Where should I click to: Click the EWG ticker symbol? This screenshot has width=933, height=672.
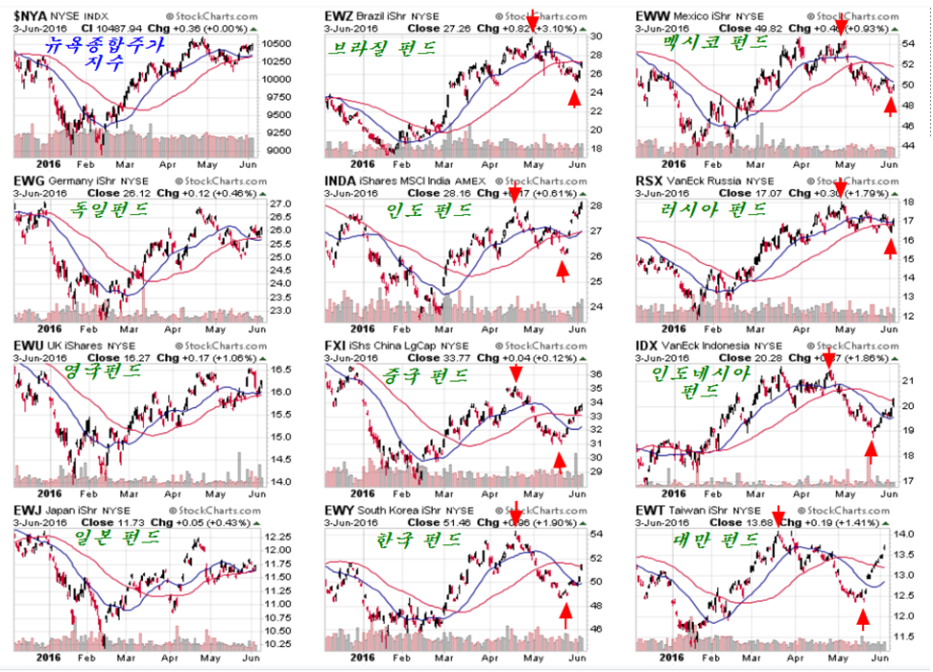point(24,180)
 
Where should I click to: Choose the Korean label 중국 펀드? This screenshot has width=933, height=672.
point(426,373)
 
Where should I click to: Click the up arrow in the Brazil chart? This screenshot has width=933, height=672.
point(575,99)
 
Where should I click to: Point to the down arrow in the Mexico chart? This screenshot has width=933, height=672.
point(842,24)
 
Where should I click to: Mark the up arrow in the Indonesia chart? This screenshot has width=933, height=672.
point(871,449)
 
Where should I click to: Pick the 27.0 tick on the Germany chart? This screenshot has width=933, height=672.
point(279,205)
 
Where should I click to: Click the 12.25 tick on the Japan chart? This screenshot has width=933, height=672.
point(281,536)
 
